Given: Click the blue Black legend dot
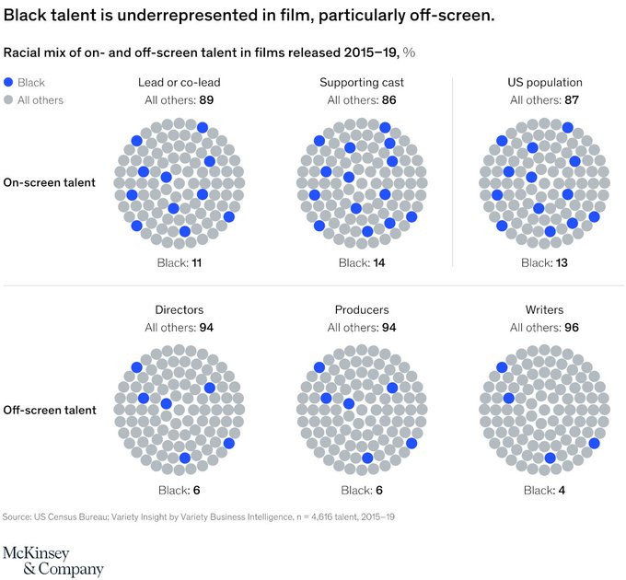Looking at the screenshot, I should coord(9,83).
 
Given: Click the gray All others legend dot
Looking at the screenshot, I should coord(9,99).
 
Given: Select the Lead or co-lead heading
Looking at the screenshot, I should coord(179,83).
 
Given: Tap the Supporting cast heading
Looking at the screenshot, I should coord(362,83).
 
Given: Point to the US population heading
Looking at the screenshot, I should coord(544,83).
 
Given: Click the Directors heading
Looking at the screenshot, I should coord(180,310).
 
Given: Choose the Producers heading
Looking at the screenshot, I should coord(362,310).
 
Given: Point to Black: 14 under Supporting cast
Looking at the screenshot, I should coord(362,263).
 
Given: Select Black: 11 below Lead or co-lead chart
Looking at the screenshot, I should coord(180,263).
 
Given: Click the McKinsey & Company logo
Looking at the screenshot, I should coord(53,560).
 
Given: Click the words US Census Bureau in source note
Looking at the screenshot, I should coord(74,517).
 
